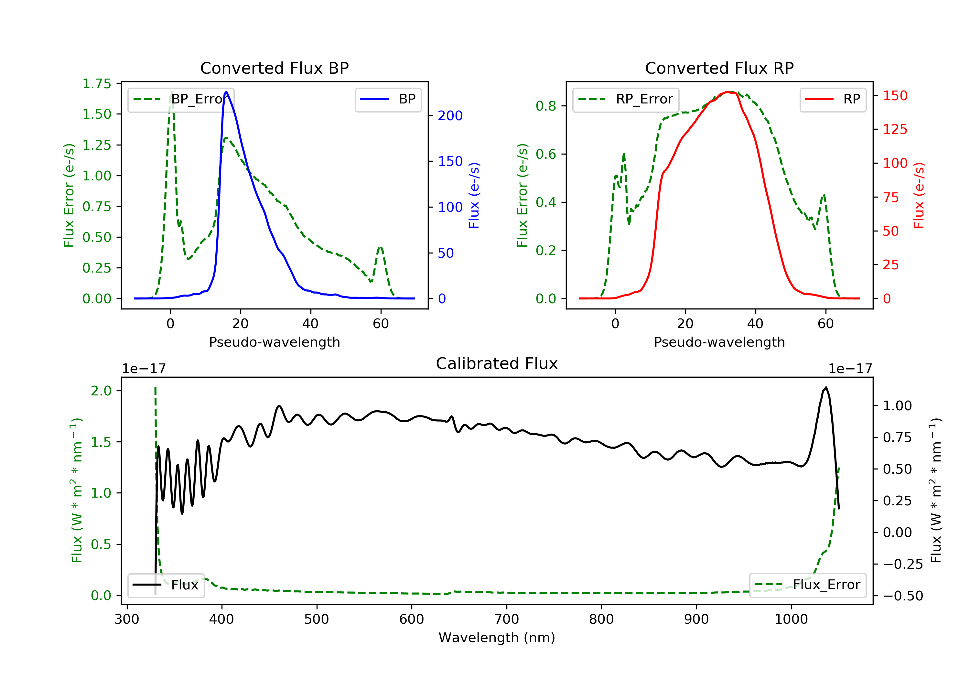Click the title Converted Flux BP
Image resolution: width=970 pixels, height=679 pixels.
(x=274, y=68)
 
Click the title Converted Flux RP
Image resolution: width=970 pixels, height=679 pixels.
(x=719, y=68)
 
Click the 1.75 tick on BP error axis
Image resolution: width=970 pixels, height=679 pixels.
(x=97, y=84)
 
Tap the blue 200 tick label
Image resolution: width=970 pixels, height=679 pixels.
(x=450, y=116)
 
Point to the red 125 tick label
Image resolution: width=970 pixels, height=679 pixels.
(x=895, y=129)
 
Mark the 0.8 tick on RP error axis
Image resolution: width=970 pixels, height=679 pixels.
(x=546, y=106)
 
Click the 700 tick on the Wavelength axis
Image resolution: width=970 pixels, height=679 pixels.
(x=506, y=620)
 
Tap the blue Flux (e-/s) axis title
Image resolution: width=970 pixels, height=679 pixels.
(x=474, y=195)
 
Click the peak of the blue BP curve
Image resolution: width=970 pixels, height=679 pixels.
(x=226, y=92)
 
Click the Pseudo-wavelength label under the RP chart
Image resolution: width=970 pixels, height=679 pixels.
(x=719, y=342)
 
